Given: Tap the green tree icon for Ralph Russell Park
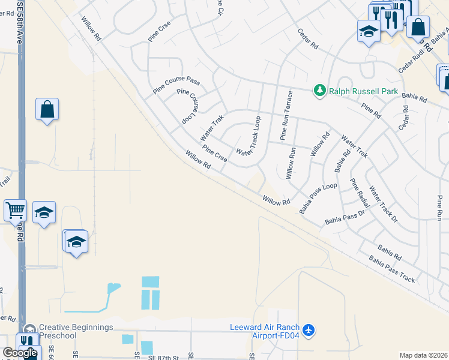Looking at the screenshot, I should pos(321,91).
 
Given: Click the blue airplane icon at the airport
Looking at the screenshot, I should pos(309,330).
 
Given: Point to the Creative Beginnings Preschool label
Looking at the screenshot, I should pos(76,331).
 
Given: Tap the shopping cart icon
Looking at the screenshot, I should pos(15,211).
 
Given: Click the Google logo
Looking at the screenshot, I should pos(20,352).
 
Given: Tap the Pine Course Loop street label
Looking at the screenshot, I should pos(187,107).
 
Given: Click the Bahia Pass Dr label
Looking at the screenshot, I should pos(345,217).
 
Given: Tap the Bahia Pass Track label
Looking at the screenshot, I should pos(392,269).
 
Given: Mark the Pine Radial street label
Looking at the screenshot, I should pos(360,193).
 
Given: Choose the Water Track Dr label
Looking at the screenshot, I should pos(383,204).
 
